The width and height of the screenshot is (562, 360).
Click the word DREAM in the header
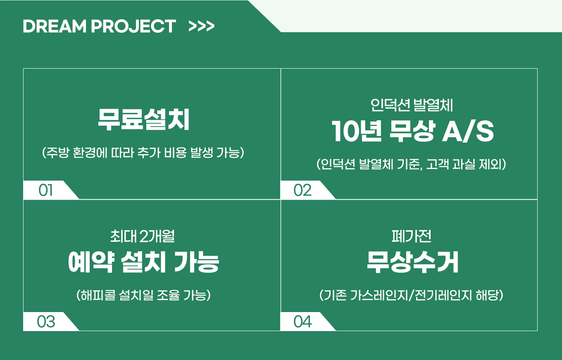[55, 26]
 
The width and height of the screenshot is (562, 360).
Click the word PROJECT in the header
[133, 26]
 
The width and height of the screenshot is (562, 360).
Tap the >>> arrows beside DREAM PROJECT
[202, 26]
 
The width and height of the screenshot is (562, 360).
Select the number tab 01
[45, 190]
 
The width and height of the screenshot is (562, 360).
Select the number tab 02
[302, 190]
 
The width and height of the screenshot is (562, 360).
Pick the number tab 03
[46, 322]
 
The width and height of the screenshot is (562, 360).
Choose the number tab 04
[302, 322]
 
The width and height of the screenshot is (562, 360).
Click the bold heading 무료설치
[144, 120]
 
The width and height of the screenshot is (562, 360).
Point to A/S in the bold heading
[468, 131]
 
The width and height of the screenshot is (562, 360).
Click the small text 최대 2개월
[143, 236]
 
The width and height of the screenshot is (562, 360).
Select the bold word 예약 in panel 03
[91, 262]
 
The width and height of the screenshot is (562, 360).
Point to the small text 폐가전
[412, 236]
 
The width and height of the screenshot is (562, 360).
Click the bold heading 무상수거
[412, 262]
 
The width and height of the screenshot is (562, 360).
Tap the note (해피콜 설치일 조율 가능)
[143, 295]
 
